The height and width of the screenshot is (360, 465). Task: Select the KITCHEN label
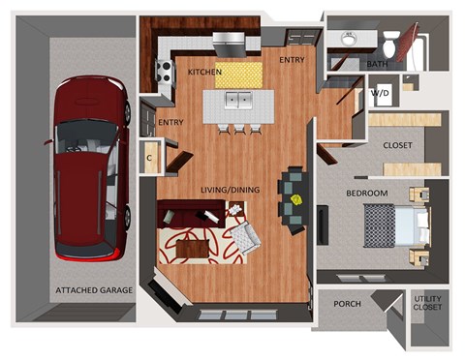pyautogui.click(x=204, y=73)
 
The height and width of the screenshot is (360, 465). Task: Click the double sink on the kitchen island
pyautogui.click(x=238, y=100)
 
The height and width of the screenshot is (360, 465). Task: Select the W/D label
pyautogui.click(x=380, y=93)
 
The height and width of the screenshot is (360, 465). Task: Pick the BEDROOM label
pyautogui.click(x=367, y=194)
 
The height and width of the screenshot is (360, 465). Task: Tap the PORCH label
pyautogui.click(x=347, y=304)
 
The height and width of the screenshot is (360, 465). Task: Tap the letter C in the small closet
pyautogui.click(x=150, y=156)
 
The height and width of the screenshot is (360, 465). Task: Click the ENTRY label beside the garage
pyautogui.click(x=170, y=123)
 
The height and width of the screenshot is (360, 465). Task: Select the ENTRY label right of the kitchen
pyautogui.click(x=292, y=60)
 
